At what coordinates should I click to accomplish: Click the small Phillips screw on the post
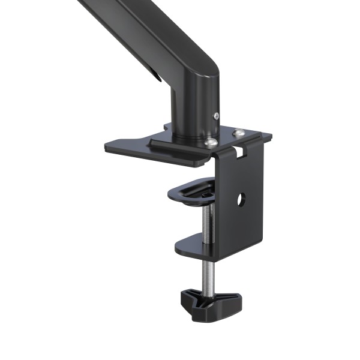pyautogui.click(x=216, y=116)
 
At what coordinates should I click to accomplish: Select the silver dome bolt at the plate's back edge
pyautogui.click(x=239, y=133)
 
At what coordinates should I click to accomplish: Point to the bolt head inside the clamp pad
pyautogui.click(x=205, y=193)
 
